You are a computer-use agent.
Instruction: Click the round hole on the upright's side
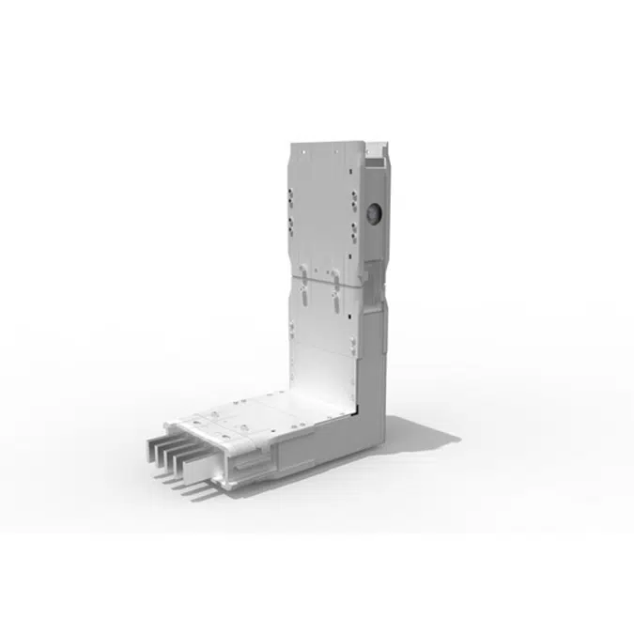click(x=375, y=214)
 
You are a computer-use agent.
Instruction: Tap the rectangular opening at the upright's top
click(x=377, y=149)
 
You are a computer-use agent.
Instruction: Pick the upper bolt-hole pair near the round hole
click(x=353, y=201)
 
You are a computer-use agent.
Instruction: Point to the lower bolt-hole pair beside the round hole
click(x=353, y=227)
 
